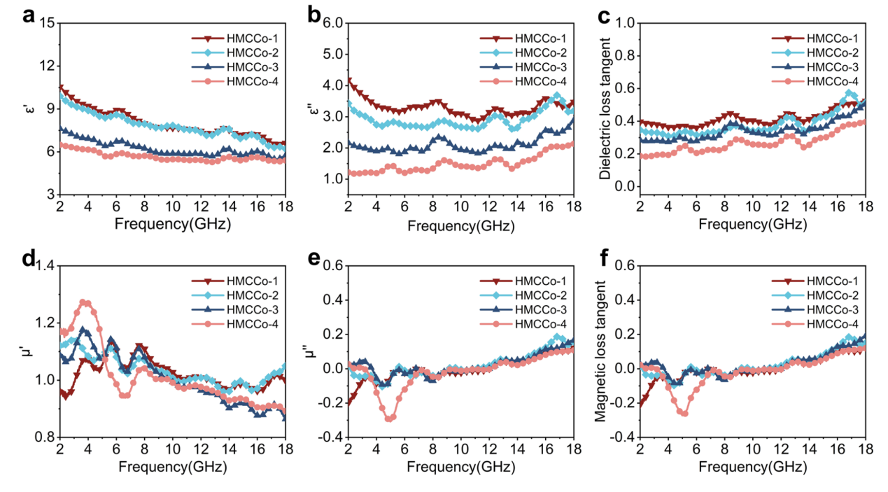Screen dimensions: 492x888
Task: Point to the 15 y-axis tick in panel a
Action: coord(48,23)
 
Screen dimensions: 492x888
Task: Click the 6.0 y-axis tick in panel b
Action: coord(332,23)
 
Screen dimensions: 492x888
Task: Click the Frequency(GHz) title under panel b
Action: coord(460,225)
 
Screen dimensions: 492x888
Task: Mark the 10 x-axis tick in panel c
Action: coord(753,206)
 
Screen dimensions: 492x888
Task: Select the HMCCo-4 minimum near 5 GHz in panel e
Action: coord(389,419)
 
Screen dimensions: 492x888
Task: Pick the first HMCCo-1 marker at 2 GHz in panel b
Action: coord(348,80)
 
